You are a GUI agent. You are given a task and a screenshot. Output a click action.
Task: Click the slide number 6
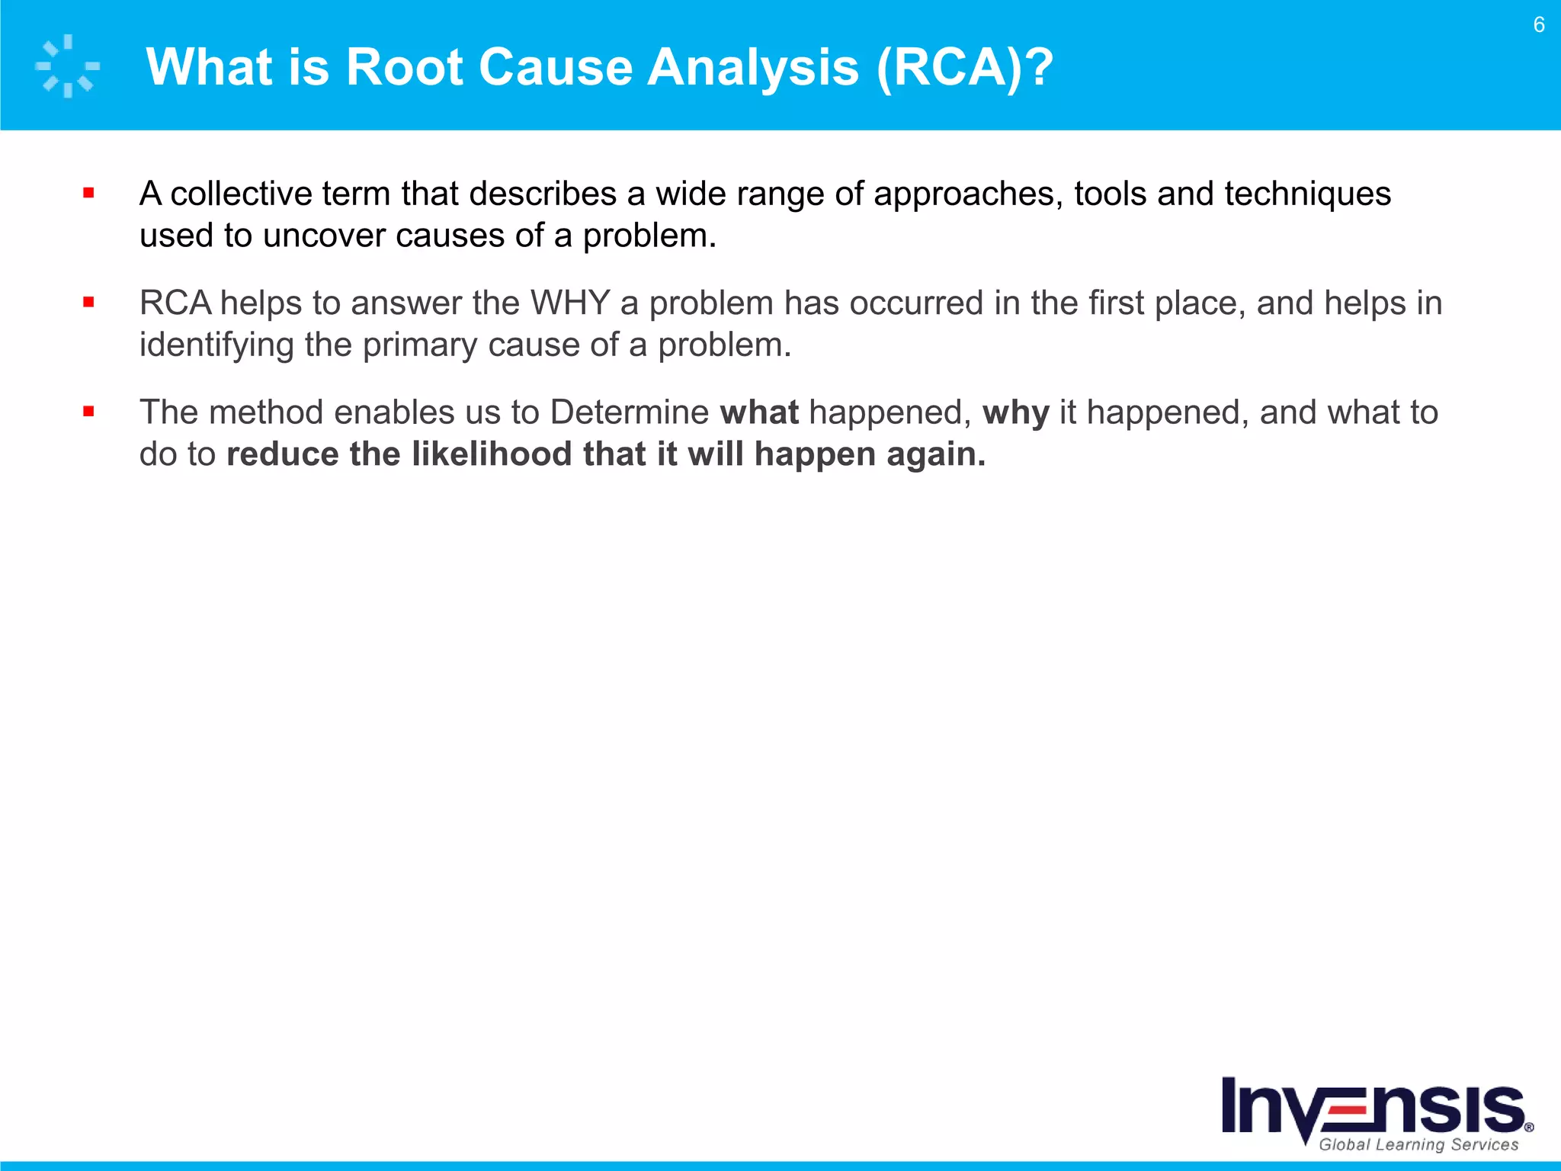pos(1538,25)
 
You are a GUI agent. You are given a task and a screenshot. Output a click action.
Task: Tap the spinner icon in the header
pos(67,66)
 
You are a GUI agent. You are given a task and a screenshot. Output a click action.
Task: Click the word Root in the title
pos(404,67)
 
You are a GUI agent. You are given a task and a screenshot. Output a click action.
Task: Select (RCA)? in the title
pos(965,67)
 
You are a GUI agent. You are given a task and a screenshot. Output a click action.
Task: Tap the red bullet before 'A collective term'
pos(88,194)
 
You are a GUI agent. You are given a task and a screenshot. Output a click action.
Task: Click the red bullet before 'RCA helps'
pos(88,303)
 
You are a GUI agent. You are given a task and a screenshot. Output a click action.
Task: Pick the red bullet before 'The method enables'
pos(88,412)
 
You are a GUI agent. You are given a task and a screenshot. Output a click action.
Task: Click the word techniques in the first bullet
pos(1307,194)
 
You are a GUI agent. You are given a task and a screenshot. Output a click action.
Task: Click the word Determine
pos(630,412)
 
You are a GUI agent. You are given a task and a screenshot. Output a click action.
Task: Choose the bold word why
pos(1015,412)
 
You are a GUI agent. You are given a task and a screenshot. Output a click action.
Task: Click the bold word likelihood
pos(492,454)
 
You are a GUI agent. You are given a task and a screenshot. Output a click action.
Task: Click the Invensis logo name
pos(1372,1107)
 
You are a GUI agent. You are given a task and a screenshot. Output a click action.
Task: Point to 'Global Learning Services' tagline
pos(1418,1144)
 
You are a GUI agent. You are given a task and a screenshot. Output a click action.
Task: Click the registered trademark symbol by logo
pos(1529,1128)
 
